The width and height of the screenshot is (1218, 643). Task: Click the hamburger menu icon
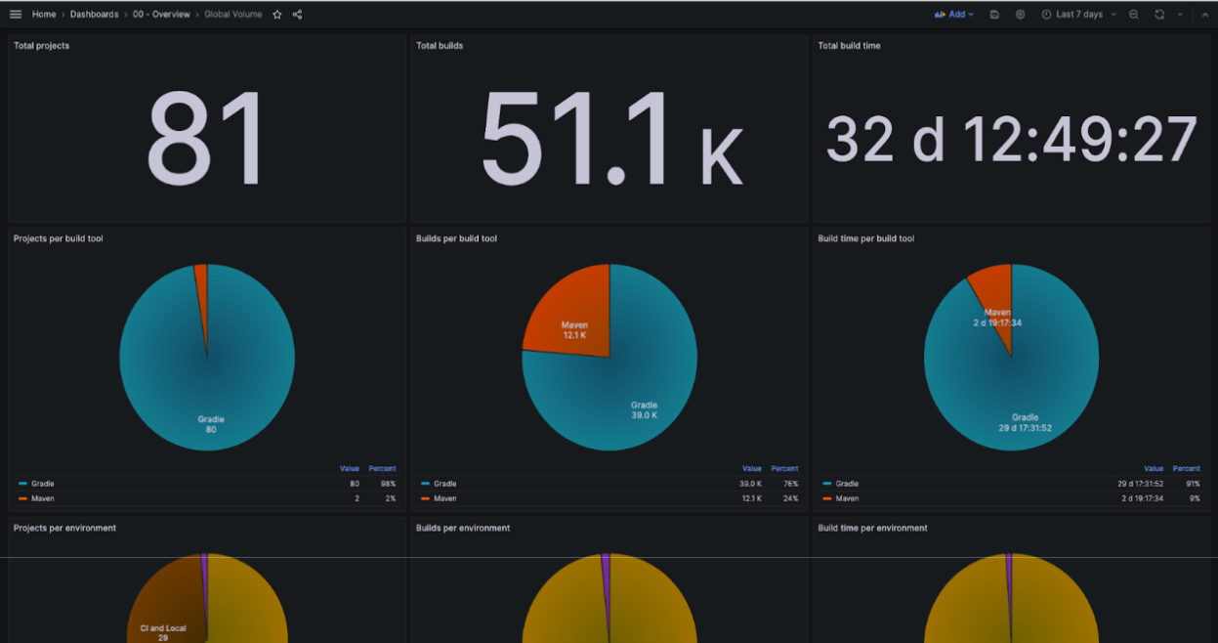(16, 14)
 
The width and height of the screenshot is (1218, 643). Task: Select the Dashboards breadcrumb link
(94, 14)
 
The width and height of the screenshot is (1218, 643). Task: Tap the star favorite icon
(277, 15)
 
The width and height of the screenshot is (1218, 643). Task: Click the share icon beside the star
(298, 15)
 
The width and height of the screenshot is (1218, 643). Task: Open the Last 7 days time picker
(1078, 15)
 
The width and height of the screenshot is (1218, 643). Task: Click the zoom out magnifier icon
(1134, 15)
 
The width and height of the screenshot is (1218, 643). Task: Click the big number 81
(206, 139)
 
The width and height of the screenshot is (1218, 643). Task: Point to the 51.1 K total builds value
(611, 139)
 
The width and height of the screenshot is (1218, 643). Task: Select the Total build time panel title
(849, 46)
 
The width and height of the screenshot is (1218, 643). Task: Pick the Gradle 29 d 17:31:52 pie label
(1025, 423)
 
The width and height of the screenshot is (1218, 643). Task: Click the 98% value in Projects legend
(388, 484)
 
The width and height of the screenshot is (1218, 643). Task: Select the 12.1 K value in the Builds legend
(751, 498)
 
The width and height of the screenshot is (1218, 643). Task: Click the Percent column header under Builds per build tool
(784, 468)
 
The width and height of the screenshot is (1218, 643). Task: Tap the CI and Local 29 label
(163, 632)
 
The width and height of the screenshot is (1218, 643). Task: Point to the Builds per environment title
(463, 528)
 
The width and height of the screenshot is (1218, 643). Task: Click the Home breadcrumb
(44, 14)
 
